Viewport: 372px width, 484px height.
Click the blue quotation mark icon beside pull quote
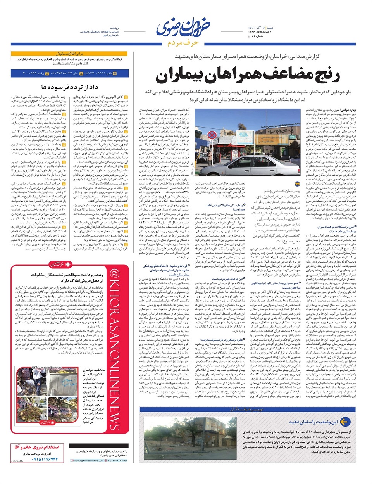coord(298,185)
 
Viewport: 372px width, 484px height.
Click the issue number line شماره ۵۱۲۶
coord(255,36)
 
